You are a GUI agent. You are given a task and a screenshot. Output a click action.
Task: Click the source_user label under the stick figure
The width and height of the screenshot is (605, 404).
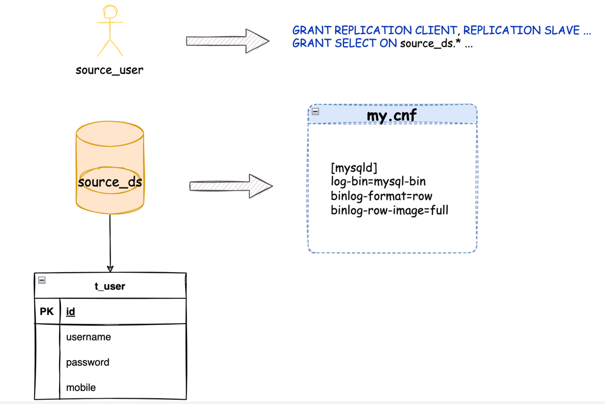tap(109, 70)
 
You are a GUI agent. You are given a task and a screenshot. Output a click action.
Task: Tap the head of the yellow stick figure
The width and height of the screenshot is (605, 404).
tap(110, 12)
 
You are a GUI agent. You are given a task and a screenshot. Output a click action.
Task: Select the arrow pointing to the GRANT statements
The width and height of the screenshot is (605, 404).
tap(227, 41)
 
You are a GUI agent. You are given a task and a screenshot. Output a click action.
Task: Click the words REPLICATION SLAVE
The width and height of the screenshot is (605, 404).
tap(521, 30)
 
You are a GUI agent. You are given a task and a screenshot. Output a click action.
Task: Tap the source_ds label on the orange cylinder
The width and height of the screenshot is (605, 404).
tap(110, 182)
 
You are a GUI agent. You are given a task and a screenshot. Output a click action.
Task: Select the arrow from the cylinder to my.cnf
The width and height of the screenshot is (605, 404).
tap(231, 186)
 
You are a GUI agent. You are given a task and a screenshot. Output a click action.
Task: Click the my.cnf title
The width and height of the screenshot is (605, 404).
tap(392, 115)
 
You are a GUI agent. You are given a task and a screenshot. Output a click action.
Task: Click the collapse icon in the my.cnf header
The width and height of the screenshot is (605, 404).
tap(315, 112)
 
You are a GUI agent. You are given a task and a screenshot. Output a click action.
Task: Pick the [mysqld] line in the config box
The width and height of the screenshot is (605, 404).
tap(354, 168)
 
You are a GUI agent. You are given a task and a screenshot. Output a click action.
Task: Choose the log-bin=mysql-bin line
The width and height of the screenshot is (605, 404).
tap(378, 182)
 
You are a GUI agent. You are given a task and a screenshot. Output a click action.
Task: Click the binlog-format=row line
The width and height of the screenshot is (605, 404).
tap(381, 196)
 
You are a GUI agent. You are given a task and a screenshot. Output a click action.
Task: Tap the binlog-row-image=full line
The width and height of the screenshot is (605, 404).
tap(389, 210)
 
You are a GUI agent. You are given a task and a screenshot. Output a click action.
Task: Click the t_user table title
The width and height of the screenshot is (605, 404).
tap(110, 286)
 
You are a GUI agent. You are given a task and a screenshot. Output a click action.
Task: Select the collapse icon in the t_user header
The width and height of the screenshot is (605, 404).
tap(42, 280)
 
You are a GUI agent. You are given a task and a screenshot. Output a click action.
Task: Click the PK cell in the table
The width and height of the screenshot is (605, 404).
tap(47, 312)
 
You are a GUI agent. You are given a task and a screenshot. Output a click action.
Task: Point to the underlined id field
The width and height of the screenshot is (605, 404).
tap(70, 312)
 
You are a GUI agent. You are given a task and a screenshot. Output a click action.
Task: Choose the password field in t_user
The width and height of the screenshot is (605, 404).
tap(87, 362)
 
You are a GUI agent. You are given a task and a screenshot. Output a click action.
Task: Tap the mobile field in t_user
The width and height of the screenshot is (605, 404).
tap(81, 387)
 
